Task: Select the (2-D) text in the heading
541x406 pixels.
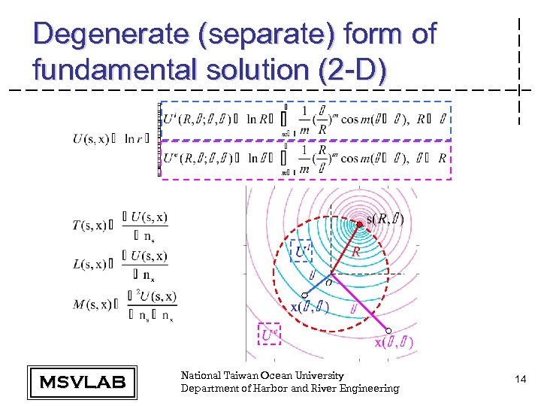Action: click(352, 70)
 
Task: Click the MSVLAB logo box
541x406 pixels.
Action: click(82, 381)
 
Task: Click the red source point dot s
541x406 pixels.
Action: click(360, 224)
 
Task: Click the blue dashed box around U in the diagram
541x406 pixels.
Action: click(301, 250)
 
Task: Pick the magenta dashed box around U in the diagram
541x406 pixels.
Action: click(269, 335)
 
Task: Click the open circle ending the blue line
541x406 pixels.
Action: click(304, 295)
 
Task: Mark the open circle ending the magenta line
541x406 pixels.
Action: click(388, 331)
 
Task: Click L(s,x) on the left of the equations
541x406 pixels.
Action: click(89, 262)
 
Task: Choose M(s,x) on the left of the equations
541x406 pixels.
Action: click(89, 304)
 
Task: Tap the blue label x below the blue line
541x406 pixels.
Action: click(295, 307)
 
